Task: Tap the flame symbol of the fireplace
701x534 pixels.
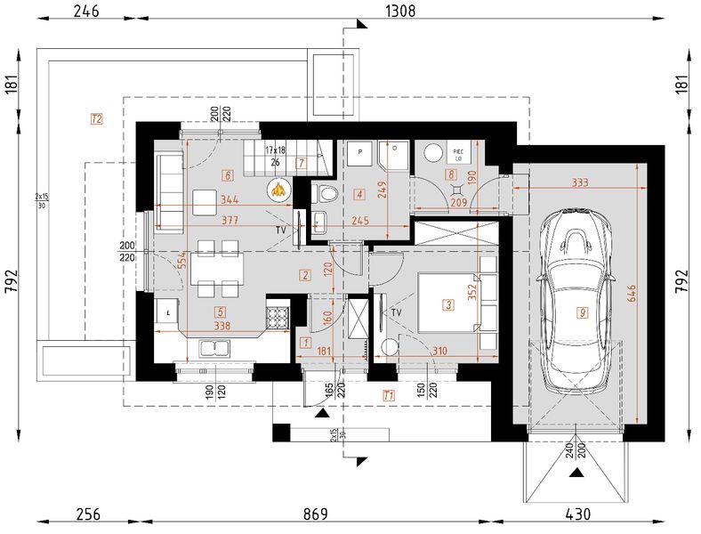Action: coord(278,188)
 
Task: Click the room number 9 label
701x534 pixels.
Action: coord(582,312)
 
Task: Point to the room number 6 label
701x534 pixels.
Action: coord(229,175)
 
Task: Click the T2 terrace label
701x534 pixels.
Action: coord(97,117)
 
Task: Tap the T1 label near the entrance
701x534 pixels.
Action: coord(388,394)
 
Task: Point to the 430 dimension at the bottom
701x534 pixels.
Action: coord(577,514)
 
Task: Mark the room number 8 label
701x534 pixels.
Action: coord(452,175)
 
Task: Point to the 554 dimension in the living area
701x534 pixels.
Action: coord(182,260)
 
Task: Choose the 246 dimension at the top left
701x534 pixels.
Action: coord(85,12)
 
